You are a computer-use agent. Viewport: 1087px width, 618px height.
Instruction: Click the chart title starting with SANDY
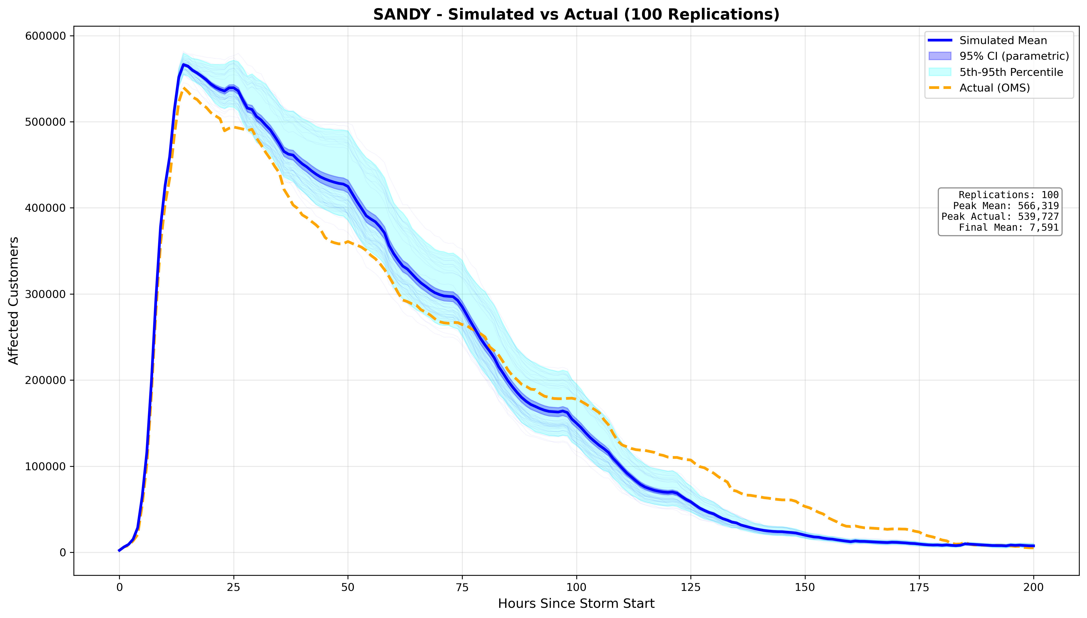(576, 14)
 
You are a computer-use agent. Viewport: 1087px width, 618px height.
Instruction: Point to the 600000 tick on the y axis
(46, 36)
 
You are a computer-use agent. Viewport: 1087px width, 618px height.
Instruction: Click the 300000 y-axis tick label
(46, 294)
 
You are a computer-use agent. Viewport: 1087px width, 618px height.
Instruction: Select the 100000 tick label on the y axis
(46, 467)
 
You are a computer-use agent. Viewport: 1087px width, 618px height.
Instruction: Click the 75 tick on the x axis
(462, 588)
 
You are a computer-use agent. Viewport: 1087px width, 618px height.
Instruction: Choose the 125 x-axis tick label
(691, 588)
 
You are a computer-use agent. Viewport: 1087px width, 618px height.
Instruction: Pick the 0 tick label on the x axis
(119, 588)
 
